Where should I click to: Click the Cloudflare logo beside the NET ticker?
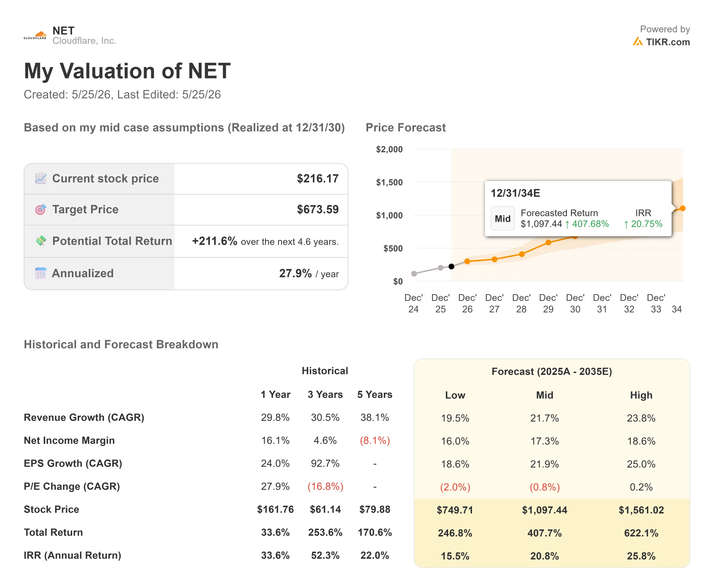[35, 35]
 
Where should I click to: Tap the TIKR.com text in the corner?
[668, 42]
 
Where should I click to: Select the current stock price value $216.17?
[317, 179]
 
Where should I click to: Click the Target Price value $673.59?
[317, 209]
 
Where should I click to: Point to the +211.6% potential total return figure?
[214, 241]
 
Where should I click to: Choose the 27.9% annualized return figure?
[295, 273]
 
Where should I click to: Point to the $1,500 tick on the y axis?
[389, 182]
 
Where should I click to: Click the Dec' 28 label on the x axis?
[521, 303]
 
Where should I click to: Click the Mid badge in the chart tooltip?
[503, 218]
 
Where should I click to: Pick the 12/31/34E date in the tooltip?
[515, 193]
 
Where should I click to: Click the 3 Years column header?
[325, 394]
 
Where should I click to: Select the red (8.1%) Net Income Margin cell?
[375, 440]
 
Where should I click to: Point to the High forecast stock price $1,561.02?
[641, 510]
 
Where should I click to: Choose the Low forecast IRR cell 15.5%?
[455, 556]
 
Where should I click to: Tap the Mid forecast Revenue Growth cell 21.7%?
[544, 418]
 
